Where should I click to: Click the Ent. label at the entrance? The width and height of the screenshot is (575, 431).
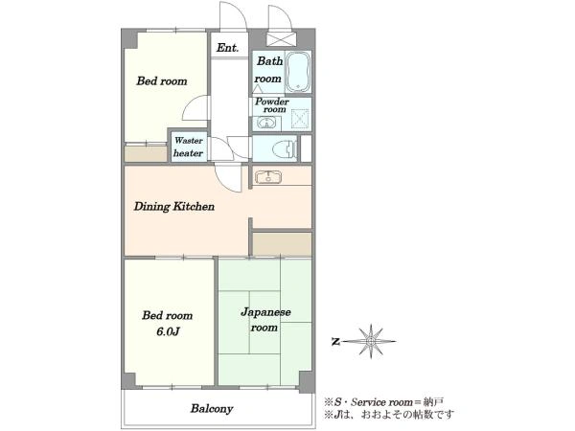[227, 48]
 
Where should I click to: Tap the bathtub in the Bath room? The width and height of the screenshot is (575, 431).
[298, 72]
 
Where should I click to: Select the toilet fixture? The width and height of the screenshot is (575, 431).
[285, 148]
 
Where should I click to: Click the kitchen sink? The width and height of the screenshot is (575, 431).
[268, 177]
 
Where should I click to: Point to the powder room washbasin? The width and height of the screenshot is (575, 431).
[266, 123]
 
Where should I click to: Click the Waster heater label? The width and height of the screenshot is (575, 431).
[189, 147]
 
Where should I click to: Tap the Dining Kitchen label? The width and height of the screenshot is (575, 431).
[173, 206]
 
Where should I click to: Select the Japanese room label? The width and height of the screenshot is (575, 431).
[265, 320]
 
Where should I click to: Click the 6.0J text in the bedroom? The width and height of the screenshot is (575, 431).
[168, 331]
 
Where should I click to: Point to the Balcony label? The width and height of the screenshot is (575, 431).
[212, 409]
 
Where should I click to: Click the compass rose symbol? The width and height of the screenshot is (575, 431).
[371, 341]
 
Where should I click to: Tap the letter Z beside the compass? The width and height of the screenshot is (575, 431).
[335, 342]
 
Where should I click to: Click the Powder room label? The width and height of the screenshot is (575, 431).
[272, 105]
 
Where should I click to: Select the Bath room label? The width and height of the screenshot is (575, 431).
[268, 70]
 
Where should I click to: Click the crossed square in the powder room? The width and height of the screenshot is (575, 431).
[300, 119]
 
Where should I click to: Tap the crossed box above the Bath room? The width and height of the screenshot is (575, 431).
[281, 39]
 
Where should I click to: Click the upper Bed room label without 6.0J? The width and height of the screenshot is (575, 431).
[162, 81]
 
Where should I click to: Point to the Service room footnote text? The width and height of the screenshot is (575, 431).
[383, 402]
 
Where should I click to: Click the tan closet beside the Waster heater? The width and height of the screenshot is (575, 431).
[146, 154]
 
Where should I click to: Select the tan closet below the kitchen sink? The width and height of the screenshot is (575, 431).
[283, 244]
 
